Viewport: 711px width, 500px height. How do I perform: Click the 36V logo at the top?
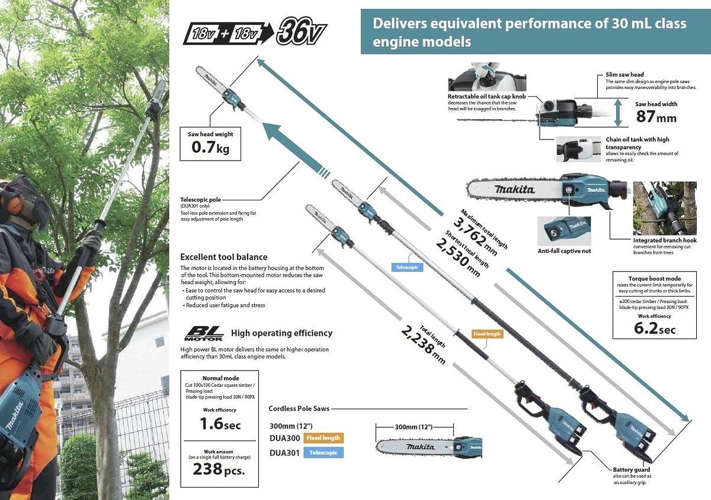pos(301,32)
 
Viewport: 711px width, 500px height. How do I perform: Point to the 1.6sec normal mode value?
pos(220,424)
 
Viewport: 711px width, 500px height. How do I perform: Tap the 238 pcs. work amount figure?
pos(219,469)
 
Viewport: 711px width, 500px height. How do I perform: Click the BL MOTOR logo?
pos(203,333)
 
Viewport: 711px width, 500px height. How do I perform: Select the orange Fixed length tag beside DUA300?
pos(324,438)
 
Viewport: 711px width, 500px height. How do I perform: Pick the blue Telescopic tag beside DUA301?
pos(324,453)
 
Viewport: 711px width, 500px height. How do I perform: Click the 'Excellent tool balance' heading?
pos(223,257)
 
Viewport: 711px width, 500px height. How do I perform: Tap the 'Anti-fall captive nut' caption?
pos(563,251)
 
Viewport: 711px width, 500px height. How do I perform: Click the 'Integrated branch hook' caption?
pos(665,240)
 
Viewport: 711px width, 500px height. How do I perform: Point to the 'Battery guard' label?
pos(631,470)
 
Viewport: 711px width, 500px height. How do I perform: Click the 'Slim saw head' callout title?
pos(624,75)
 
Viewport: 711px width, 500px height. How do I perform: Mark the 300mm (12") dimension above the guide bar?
pos(414,427)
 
